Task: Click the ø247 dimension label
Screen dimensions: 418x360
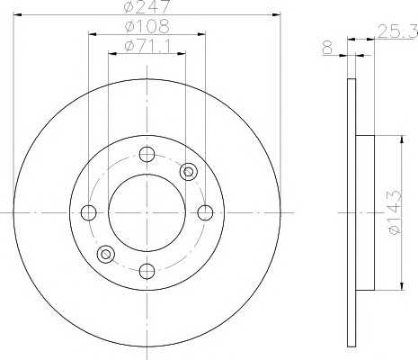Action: pos(147,6)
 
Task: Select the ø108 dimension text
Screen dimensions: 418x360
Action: pos(147,26)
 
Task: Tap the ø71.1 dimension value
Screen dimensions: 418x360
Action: pos(147,46)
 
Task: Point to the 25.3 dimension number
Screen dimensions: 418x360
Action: pos(397,31)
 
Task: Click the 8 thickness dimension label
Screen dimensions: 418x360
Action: pos(328,48)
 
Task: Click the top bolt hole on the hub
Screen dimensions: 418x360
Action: pos(147,154)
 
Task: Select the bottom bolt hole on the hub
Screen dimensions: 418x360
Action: pos(147,271)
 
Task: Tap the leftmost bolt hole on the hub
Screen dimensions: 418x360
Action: pos(88,212)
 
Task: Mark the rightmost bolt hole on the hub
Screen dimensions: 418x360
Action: pos(205,212)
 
